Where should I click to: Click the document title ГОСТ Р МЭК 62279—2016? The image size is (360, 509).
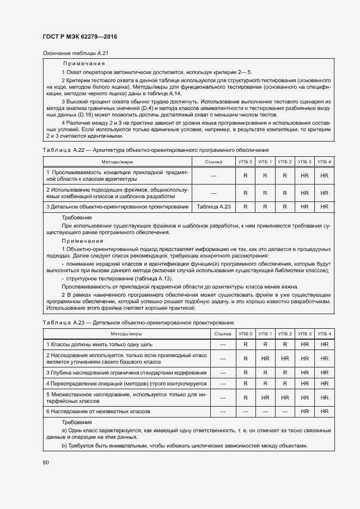[x=80, y=36]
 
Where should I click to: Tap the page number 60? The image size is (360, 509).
[x=46, y=462]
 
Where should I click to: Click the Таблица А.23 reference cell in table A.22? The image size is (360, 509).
[x=213, y=207]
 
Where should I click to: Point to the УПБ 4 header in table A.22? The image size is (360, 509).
[x=324, y=162]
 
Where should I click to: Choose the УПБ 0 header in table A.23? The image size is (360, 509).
[x=246, y=333]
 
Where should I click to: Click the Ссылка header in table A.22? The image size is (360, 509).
[x=213, y=162]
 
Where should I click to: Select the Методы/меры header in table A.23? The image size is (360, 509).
[x=126, y=333]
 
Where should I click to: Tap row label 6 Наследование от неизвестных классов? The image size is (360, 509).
[x=98, y=411]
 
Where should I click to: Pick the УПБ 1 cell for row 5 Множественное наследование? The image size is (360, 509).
[x=265, y=398]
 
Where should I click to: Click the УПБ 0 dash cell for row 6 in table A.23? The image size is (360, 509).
[x=246, y=411]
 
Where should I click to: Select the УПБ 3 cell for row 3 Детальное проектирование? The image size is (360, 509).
[x=304, y=207]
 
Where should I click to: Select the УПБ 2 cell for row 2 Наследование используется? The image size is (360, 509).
[x=285, y=358]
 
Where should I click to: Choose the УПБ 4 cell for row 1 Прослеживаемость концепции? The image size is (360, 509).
[x=324, y=176]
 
